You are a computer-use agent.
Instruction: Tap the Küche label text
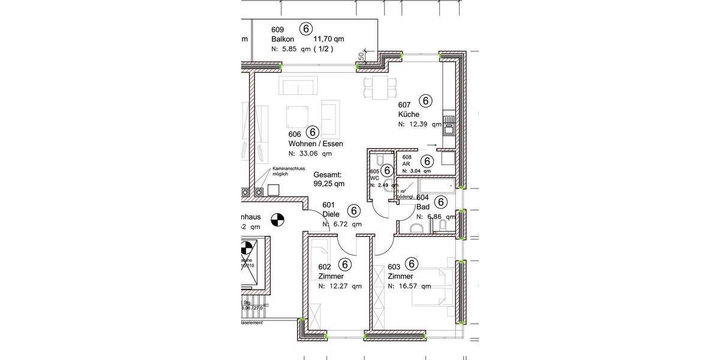tap(408, 114)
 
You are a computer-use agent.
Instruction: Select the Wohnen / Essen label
tap(316, 143)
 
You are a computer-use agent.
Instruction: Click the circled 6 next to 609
tap(306, 29)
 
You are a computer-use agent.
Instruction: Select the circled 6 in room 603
tap(412, 263)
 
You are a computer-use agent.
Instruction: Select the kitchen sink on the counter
tap(448, 125)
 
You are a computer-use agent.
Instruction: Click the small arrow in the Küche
tap(431, 145)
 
